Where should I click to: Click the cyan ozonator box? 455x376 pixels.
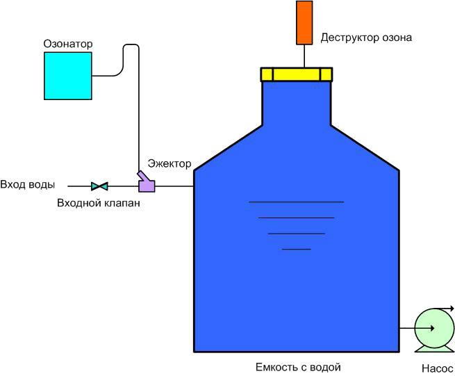tap(68, 76)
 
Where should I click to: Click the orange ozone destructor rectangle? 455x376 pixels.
tap(304, 22)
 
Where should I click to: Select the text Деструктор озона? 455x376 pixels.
tap(366, 38)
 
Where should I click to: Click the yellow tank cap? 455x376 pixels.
tap(297, 74)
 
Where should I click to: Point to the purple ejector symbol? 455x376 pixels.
tap(146, 183)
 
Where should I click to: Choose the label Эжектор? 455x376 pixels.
tap(169, 163)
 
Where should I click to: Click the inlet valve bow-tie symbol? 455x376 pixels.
tap(99, 186)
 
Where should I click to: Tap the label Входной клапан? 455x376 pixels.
tap(99, 203)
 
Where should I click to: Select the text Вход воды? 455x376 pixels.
tap(28, 185)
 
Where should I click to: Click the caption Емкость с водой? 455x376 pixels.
tap(299, 367)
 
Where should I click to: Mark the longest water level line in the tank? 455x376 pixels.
tap(296, 202)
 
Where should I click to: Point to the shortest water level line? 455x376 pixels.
tap(296, 249)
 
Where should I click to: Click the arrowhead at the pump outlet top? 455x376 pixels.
tap(452, 309)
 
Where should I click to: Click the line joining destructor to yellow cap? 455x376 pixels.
tap(304, 56)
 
